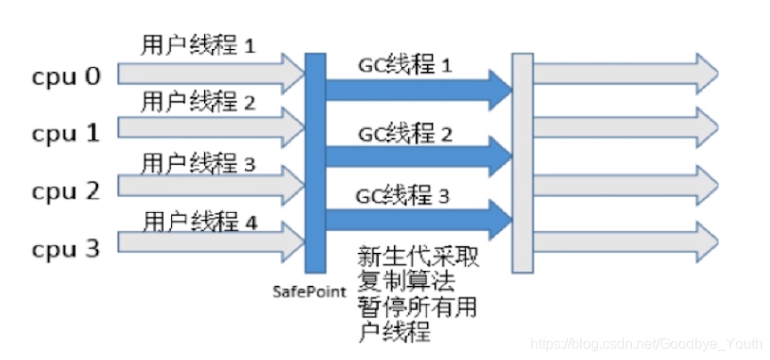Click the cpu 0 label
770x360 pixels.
point(67,77)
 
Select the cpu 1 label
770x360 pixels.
point(67,134)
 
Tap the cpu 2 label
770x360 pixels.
point(67,191)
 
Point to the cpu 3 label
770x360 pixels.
point(67,248)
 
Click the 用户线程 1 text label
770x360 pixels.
point(198,45)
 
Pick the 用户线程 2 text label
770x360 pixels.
point(198,102)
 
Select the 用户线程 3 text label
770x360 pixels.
point(198,164)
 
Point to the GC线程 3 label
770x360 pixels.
point(403,194)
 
